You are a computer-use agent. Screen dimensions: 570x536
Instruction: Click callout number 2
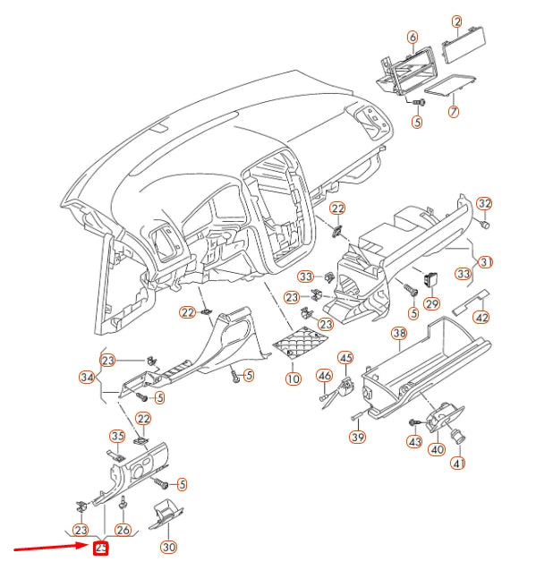click(456, 21)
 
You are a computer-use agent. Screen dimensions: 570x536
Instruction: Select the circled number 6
click(413, 38)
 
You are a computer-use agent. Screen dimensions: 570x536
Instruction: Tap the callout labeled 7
click(454, 112)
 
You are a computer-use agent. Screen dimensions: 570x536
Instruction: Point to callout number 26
click(123, 530)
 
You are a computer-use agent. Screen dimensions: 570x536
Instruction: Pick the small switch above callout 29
click(431, 279)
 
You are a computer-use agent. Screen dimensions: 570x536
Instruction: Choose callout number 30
click(169, 546)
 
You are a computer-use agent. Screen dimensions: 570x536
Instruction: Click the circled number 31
click(486, 262)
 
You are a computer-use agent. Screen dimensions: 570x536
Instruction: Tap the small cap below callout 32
click(485, 225)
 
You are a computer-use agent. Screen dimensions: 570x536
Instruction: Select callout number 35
click(117, 437)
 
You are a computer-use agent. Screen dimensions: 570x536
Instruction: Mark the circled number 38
click(400, 334)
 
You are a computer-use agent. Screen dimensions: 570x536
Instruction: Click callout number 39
click(357, 437)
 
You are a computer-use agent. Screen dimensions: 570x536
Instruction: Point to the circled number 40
click(437, 449)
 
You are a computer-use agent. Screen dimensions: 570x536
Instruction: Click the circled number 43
click(413, 442)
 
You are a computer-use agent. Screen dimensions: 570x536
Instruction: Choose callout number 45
click(345, 358)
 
